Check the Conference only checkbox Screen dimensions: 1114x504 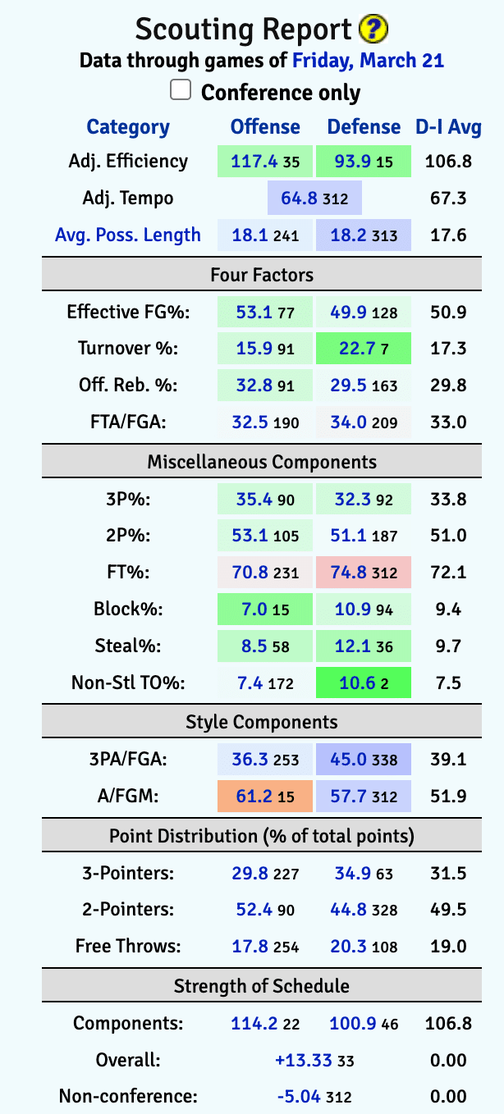pos(181,89)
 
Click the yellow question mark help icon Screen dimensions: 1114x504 pos(373,30)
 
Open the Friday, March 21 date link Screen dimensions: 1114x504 pos(368,60)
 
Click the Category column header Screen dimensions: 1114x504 pos(128,127)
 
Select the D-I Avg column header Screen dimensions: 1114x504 pos(448,127)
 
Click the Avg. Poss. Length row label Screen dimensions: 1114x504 pos(128,235)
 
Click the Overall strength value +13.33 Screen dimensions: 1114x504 pos(304,1061)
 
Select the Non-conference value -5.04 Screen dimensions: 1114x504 pos(304,1097)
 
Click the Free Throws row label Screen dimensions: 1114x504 pos(128,946)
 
